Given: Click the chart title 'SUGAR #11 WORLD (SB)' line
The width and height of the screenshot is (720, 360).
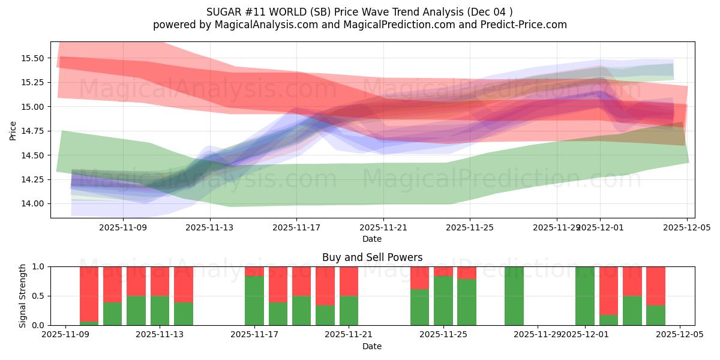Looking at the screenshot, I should pyautogui.click(x=359, y=12).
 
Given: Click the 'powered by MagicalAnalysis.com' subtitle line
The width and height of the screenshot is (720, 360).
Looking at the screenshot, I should pyautogui.click(x=359, y=25).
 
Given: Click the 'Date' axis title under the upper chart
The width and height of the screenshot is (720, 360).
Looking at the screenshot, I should pyautogui.click(x=372, y=239).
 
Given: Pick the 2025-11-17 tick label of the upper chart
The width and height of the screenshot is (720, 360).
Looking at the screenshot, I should pyautogui.click(x=296, y=227).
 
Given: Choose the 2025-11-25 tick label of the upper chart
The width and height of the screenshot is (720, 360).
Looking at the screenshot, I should pyautogui.click(x=470, y=227).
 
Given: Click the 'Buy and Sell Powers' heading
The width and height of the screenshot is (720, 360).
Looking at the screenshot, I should pyautogui.click(x=372, y=257).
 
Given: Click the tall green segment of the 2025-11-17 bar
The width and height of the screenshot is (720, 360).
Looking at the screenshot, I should pyautogui.click(x=254, y=301).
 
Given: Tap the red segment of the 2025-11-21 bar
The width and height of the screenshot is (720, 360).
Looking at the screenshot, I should pyautogui.click(x=349, y=281).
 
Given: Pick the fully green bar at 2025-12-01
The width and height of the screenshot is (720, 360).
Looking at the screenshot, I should pyautogui.click(x=584, y=296).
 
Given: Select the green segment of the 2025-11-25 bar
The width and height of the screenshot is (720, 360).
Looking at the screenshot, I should pyautogui.click(x=443, y=301).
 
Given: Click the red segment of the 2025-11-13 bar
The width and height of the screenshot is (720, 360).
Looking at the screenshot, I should pyautogui.click(x=160, y=281).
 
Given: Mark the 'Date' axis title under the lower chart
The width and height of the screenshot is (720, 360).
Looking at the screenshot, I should pyautogui.click(x=372, y=346).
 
